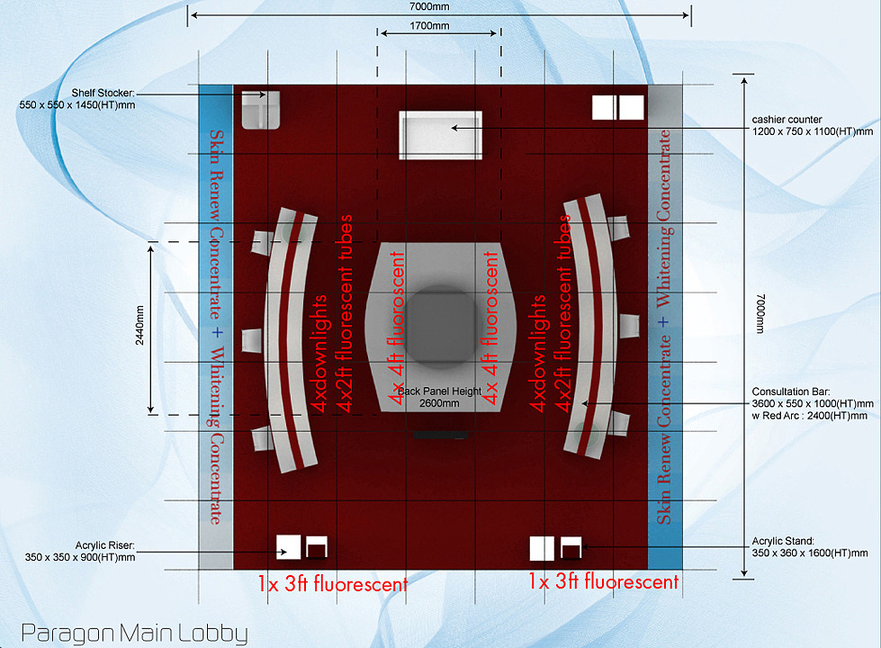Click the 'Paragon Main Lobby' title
134,634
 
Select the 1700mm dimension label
429,26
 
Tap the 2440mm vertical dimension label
139,326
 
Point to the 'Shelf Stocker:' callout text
103,93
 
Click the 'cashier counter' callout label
787,120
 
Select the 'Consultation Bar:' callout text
790,391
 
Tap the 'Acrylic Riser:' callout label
104,545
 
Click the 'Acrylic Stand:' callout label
783,541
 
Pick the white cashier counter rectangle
441,135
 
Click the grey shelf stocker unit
261,110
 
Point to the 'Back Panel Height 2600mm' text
439,397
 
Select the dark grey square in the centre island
441,326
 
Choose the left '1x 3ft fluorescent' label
333,584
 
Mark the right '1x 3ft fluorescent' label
604,581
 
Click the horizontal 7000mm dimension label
429,6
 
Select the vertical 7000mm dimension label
760,314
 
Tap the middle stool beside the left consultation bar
252,340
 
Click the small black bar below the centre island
441,435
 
